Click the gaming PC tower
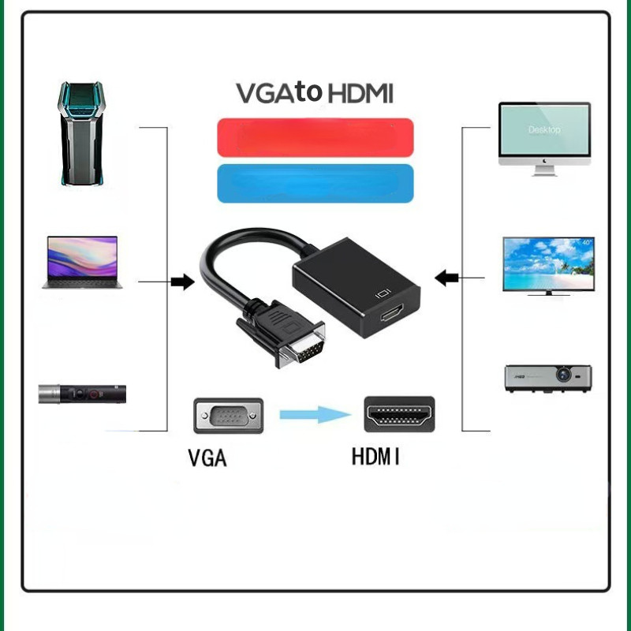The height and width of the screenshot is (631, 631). [82, 133]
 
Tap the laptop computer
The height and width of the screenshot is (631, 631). [83, 263]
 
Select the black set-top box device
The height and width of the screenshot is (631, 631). [82, 394]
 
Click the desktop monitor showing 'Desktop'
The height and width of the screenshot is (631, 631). [544, 139]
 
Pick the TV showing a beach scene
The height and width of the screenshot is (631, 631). [548, 266]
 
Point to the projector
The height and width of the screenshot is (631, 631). [548, 379]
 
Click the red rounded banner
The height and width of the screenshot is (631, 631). [315, 137]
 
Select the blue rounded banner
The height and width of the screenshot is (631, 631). [315, 184]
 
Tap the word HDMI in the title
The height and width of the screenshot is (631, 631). [360, 93]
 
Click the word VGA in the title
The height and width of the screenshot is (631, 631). [266, 93]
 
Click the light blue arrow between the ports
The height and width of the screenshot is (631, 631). [315, 415]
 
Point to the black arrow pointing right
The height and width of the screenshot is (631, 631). [183, 282]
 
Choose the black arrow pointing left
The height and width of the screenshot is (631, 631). [446, 278]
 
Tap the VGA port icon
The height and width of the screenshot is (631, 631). [229, 416]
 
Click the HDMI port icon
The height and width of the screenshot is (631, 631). [399, 415]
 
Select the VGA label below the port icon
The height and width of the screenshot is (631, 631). [207, 458]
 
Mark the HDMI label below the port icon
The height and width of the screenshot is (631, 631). [375, 457]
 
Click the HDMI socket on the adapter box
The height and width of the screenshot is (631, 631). [392, 312]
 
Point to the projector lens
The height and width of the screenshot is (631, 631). [563, 374]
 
